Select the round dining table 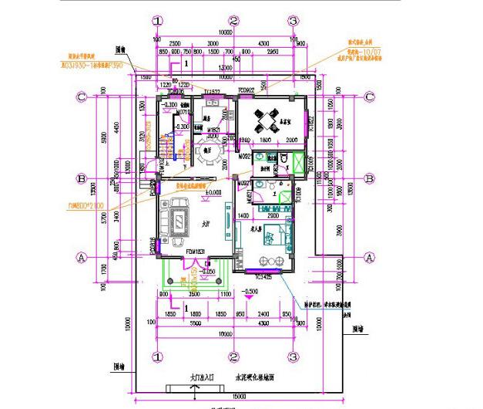tap(204, 154)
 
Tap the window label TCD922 tap(247, 91)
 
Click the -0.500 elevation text tap(250, 292)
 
